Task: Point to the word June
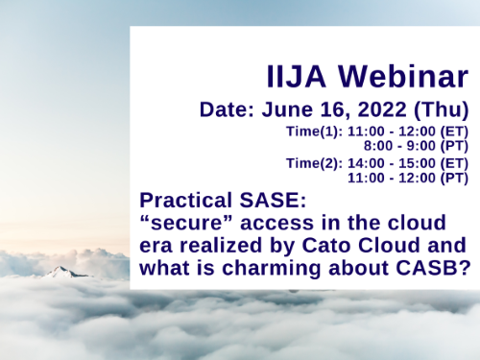(x=284, y=110)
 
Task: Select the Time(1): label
(x=316, y=132)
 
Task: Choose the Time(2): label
(x=316, y=164)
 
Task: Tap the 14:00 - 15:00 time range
(x=395, y=164)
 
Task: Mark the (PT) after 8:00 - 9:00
(x=454, y=145)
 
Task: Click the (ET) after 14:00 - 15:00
(x=454, y=164)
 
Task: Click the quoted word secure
(x=180, y=223)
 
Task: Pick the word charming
(x=320, y=267)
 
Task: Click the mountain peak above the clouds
(x=59, y=273)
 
